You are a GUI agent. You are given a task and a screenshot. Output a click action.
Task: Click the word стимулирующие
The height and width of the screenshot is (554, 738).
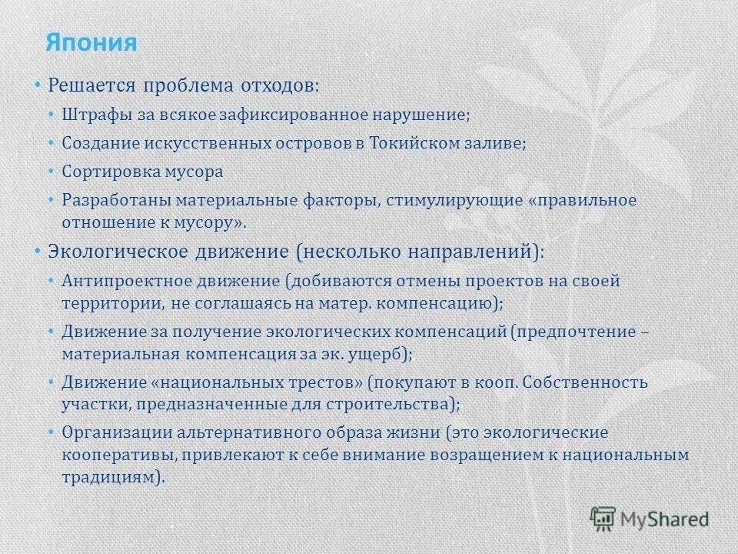pos(442,200)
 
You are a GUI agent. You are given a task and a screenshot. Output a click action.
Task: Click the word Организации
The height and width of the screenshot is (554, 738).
pos(112,432)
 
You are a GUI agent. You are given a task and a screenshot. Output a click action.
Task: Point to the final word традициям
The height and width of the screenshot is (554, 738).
pos(111,476)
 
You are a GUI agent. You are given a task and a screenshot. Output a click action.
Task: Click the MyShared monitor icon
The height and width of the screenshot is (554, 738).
pos(603,518)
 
